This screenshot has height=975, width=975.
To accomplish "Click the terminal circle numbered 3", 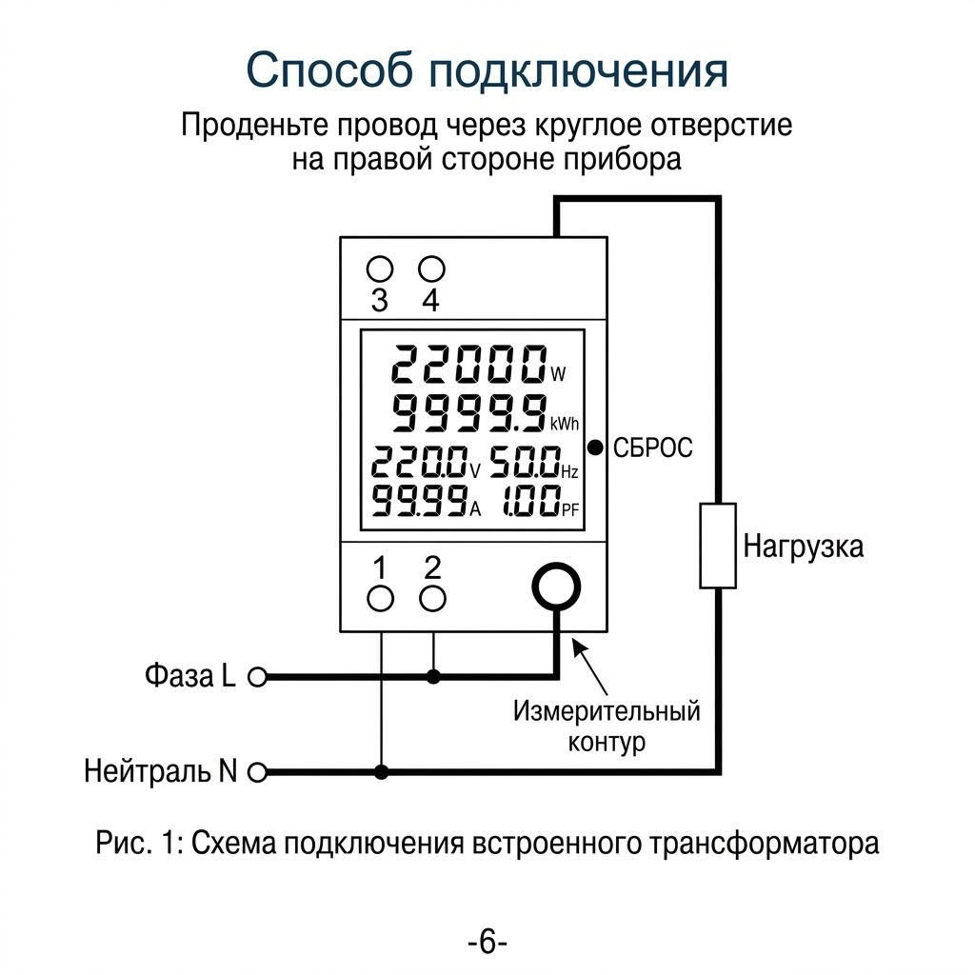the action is (380, 269).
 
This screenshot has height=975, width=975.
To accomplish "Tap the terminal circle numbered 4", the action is (431, 269).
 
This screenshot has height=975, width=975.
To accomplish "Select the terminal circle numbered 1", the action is (380, 599).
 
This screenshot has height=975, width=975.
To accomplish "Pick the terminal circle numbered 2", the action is (433, 599).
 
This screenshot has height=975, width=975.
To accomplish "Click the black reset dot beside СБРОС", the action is (595, 448).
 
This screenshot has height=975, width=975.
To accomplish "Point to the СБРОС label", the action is (653, 448).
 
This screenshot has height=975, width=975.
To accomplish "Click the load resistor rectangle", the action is (718, 546).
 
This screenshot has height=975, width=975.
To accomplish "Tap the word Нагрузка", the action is (804, 547).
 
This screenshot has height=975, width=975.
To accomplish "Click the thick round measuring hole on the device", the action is (556, 587).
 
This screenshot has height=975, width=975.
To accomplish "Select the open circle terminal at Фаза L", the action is (257, 677).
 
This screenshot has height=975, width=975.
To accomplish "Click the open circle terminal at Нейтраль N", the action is (257, 772).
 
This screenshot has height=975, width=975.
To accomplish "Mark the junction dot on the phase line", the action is (433, 677).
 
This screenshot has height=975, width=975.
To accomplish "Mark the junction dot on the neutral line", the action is (381, 772).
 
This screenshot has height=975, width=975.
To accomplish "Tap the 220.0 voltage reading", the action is (420, 463).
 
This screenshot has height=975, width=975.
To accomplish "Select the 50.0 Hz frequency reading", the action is (525, 463).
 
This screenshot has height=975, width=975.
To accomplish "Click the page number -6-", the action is (487, 942).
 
